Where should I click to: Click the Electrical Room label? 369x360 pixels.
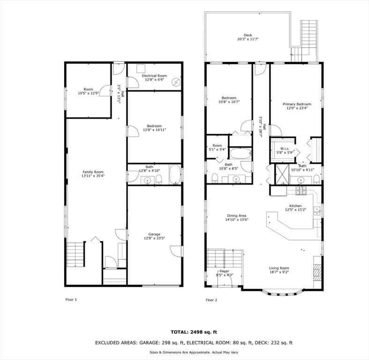coord(155,75)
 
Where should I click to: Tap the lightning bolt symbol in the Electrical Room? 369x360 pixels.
coord(176,82)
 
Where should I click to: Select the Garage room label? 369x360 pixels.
coord(155,234)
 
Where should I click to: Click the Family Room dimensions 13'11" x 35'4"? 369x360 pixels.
coord(93,176)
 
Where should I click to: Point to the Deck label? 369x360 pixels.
coord(248,35)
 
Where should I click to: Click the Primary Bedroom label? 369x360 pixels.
coord(297,104)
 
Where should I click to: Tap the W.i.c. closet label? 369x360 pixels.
coord(285,149)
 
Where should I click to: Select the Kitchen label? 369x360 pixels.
coord(295,206)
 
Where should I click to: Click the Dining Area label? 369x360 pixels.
coord(236,216)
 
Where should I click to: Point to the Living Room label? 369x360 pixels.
coord(279,268)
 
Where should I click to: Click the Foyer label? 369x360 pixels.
coord(224,271)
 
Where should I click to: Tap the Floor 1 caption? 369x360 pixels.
coord(71,300)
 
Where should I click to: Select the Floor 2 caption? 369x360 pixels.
coord(212,300)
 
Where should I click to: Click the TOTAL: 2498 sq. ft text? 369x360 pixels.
coord(194,332)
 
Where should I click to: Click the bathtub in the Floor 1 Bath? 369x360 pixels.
coord(175,174)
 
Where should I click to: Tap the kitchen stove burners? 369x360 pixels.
coord(301,190)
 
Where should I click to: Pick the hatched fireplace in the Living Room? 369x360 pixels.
coord(317,272)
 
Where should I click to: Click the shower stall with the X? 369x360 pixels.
coord(282,174)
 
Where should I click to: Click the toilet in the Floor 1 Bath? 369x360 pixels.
coord(159,180)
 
